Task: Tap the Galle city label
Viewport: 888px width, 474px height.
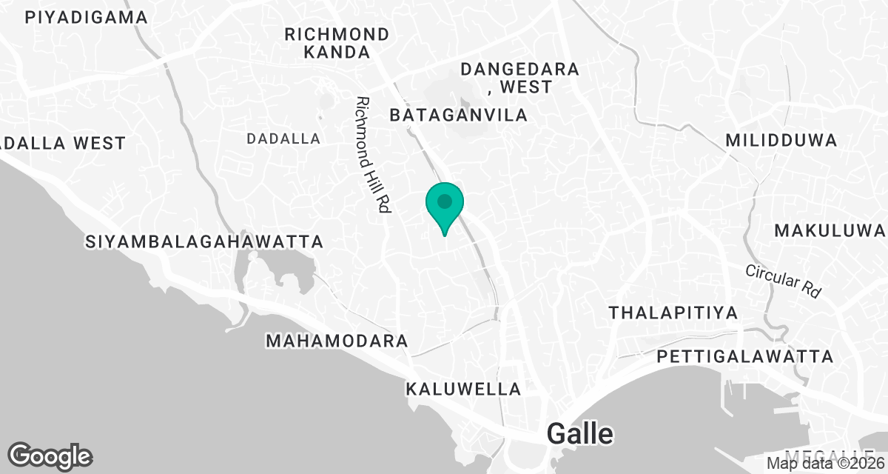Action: point(580,434)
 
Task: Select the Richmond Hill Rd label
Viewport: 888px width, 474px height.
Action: point(372,156)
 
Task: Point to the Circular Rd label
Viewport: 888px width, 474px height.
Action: point(784,281)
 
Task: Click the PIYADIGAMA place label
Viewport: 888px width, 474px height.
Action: point(87,18)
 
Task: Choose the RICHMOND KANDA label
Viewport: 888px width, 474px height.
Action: point(337,43)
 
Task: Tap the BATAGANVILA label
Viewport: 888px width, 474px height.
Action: point(459,115)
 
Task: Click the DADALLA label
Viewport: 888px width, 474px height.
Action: point(283,138)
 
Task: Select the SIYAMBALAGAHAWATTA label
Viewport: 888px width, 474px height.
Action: point(205,241)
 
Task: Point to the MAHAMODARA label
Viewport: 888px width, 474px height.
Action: point(337,341)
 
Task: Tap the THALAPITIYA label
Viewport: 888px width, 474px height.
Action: point(673,313)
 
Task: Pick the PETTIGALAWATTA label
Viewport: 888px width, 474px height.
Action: point(745,357)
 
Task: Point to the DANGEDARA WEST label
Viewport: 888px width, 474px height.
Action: point(519,78)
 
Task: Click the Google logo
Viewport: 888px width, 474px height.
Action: point(50,455)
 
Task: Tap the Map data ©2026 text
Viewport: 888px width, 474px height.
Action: point(825,464)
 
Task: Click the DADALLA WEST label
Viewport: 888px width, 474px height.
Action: point(63,143)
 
